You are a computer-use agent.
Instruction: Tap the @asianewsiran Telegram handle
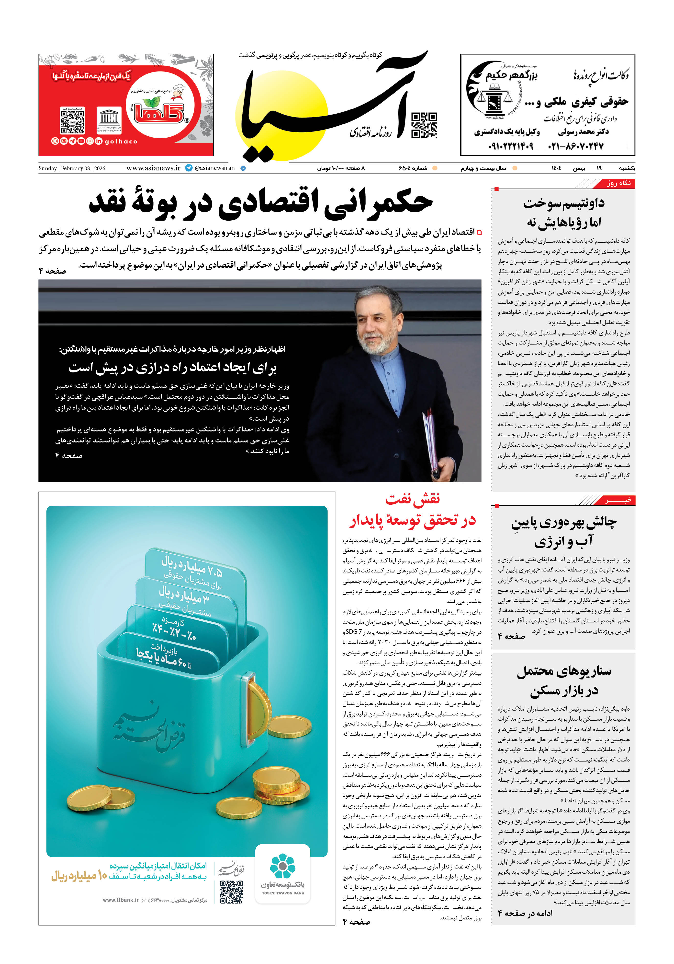pos(214,168)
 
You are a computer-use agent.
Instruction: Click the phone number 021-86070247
pos(575,146)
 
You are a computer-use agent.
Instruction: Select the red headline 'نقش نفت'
pos(413,499)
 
